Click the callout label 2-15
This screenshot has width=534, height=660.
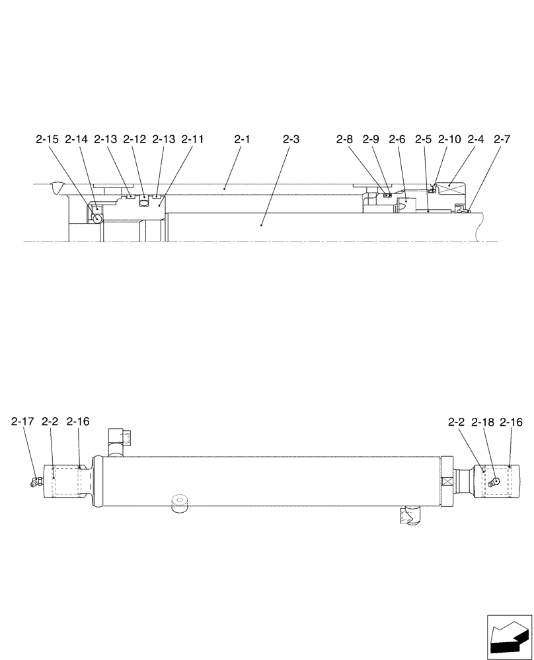(47, 139)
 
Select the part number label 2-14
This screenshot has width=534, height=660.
(76, 139)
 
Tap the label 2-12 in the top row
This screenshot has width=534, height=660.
(134, 139)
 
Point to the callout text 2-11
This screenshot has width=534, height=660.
(192, 139)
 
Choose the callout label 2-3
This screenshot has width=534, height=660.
(291, 139)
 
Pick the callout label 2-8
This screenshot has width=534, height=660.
(344, 139)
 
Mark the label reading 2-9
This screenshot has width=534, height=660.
(371, 139)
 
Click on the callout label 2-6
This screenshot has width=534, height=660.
(397, 139)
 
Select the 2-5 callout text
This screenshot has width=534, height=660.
(423, 139)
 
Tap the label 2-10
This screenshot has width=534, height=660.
(449, 139)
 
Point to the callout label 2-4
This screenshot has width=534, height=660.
(476, 139)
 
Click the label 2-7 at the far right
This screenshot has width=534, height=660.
(502, 139)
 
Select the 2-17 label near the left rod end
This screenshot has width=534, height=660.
(22, 421)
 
